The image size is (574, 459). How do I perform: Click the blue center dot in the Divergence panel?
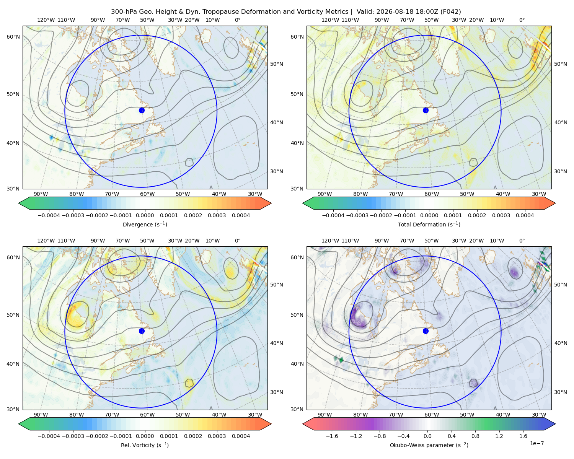(142, 111)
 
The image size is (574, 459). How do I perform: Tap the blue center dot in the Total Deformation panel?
(426, 111)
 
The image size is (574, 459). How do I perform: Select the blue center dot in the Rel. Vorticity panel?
(142, 331)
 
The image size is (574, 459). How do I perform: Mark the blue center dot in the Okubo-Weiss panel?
(426, 331)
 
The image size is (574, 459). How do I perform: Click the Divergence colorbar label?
(145, 225)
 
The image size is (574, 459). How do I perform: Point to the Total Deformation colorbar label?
(429, 225)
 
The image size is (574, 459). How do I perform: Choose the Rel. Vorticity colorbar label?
(145, 445)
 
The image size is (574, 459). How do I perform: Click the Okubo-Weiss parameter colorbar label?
(429, 445)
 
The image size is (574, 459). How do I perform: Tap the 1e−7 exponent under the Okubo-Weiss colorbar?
(536, 444)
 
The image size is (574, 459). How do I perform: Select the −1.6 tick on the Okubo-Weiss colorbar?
(332, 436)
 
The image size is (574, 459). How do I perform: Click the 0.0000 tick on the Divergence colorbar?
(145, 215)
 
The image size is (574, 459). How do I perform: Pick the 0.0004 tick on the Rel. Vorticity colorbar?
(241, 436)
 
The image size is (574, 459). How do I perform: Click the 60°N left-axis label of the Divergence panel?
(13, 37)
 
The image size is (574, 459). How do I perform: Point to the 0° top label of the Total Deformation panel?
(522, 20)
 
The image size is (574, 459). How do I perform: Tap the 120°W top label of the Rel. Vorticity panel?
(46, 241)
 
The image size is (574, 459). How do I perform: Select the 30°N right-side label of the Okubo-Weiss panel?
(561, 392)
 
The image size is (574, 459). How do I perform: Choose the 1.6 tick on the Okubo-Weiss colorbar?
(523, 436)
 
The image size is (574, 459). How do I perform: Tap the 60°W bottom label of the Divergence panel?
(147, 194)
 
